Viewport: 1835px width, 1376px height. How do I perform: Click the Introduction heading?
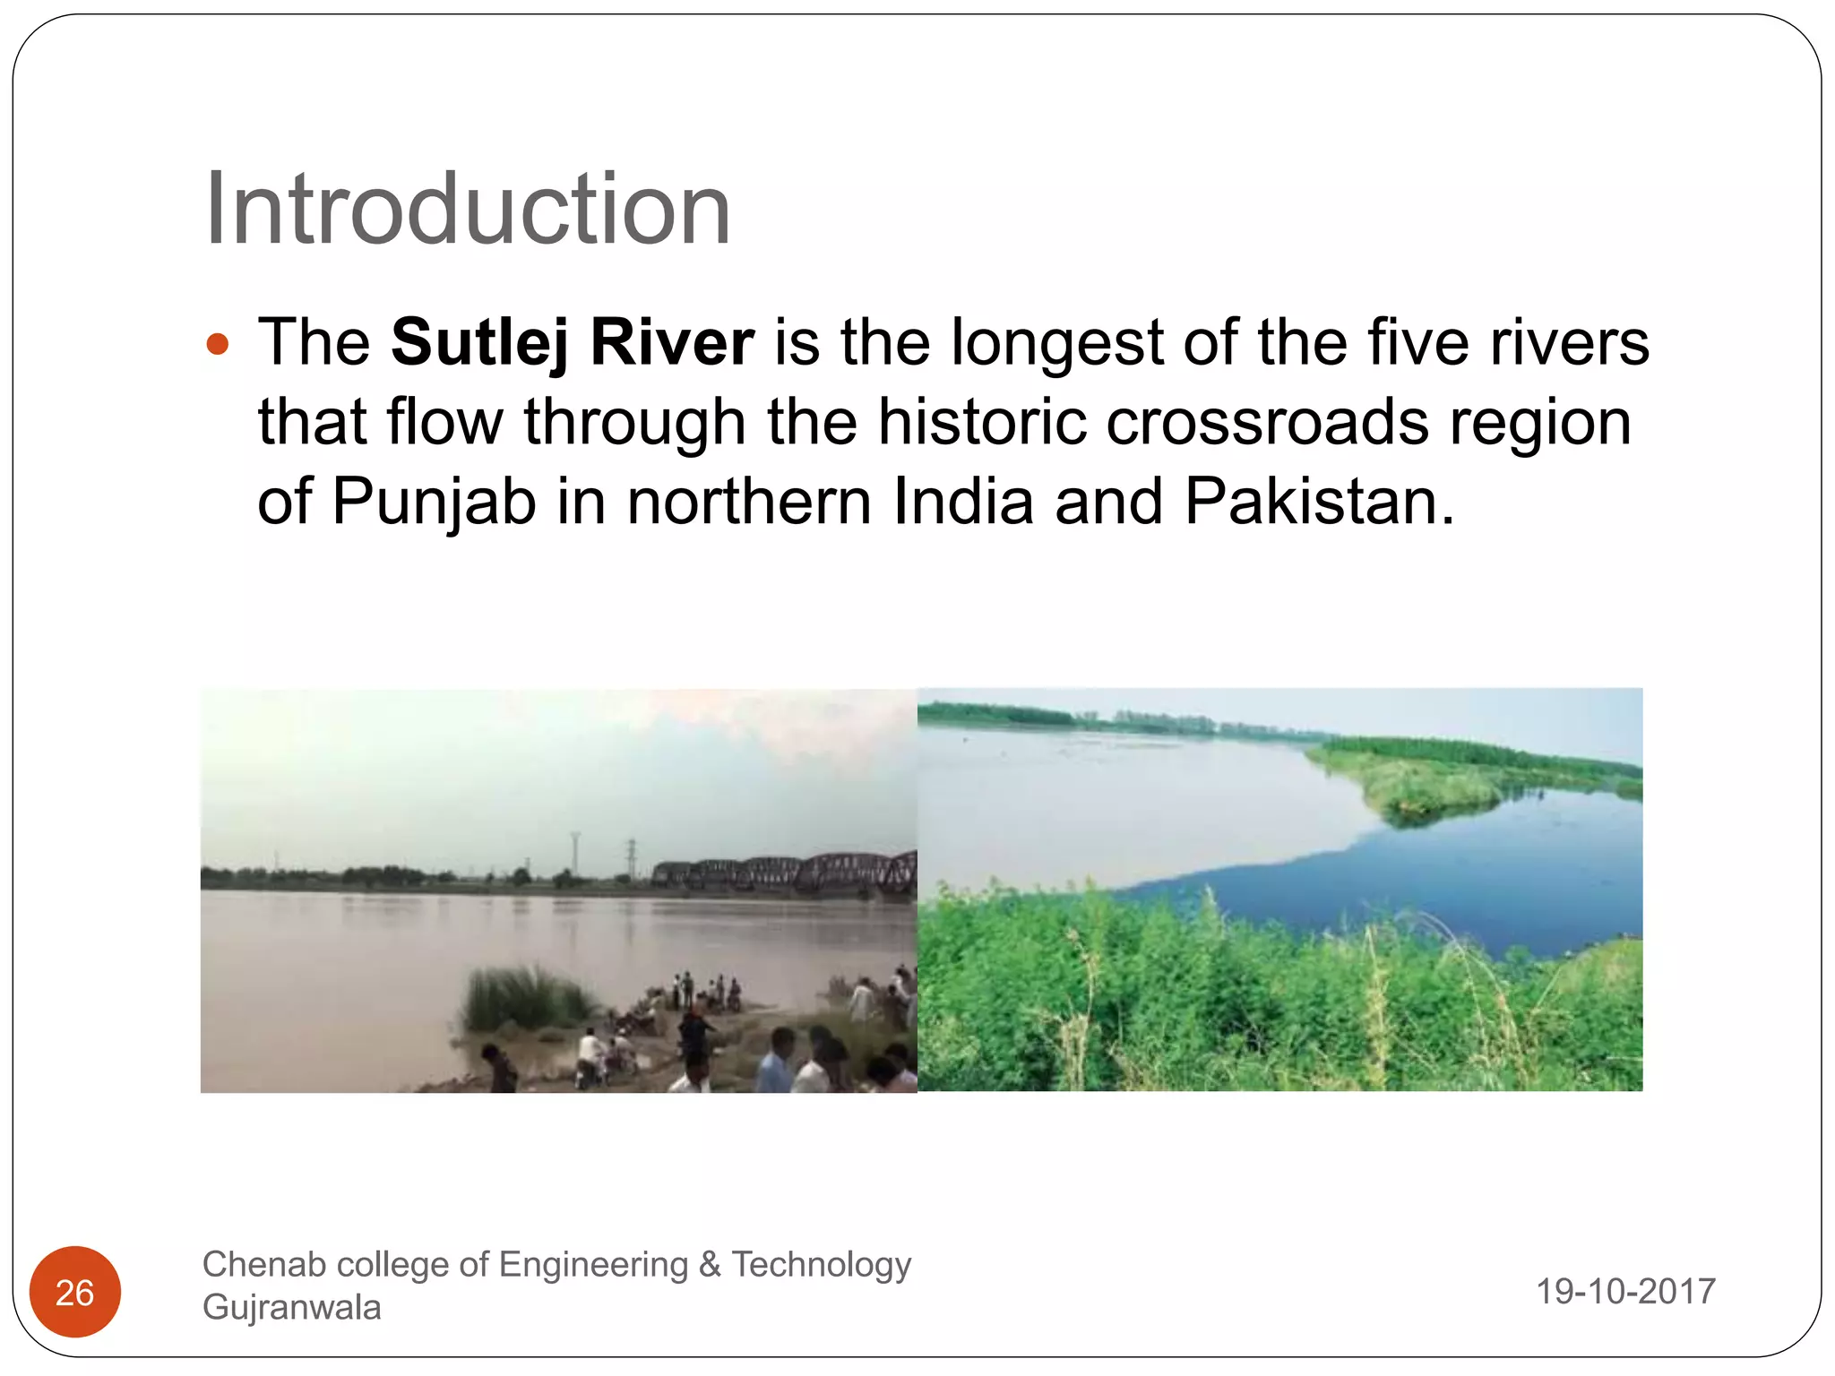click(x=467, y=210)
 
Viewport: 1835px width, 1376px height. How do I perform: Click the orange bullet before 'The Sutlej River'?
click(x=218, y=344)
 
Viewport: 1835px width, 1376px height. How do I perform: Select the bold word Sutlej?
click(x=479, y=342)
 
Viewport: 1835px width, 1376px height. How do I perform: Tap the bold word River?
click(x=672, y=342)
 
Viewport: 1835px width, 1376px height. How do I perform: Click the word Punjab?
click(x=434, y=502)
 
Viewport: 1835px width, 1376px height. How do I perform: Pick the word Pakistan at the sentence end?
click(x=1318, y=501)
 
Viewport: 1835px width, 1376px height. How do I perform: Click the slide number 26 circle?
click(x=75, y=1292)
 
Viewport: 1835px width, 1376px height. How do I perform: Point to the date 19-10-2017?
click(x=1625, y=1292)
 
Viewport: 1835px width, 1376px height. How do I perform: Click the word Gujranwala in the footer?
click(x=292, y=1308)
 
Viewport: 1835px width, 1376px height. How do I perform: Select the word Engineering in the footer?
click(x=593, y=1265)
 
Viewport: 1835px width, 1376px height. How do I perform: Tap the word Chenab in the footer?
click(x=257, y=1265)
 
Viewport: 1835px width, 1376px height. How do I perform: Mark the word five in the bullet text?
click(x=1415, y=342)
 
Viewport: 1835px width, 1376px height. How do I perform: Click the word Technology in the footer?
click(x=821, y=1265)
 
